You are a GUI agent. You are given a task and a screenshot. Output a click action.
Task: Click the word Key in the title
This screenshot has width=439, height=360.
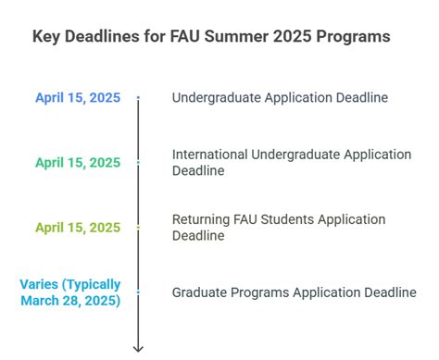pos(47,38)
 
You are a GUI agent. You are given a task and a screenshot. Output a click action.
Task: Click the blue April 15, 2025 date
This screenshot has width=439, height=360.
pos(78,97)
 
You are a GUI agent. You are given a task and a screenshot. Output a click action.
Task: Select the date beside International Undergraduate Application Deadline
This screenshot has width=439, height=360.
pos(78,162)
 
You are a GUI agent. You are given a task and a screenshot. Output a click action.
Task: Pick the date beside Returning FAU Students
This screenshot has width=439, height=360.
pos(78,227)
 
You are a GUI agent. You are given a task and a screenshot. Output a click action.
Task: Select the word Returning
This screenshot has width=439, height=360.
pos(201,219)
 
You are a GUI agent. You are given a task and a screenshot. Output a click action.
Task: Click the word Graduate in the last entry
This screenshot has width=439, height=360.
pos(200,292)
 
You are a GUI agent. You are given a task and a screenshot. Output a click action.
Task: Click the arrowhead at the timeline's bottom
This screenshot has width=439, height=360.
pos(138,348)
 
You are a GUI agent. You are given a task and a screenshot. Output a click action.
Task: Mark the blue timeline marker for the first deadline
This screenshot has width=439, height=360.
pos(138,97)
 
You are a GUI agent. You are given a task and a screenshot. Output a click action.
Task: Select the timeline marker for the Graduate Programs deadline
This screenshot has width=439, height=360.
pos(138,292)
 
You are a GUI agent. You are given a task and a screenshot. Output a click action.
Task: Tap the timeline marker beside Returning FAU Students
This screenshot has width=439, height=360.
pos(138,227)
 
